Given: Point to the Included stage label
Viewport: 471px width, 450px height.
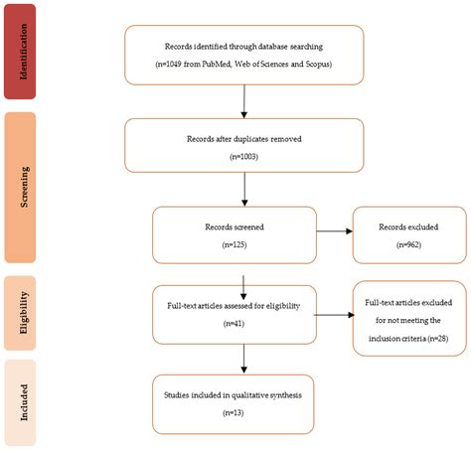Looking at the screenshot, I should click(34, 403).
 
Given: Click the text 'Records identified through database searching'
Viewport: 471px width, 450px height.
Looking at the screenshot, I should click(243, 47).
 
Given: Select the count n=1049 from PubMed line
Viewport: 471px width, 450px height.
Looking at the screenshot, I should click(243, 65).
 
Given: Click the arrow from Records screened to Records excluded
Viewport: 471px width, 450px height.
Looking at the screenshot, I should click(334, 233).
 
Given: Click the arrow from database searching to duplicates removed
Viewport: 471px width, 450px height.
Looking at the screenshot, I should click(243, 101).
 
